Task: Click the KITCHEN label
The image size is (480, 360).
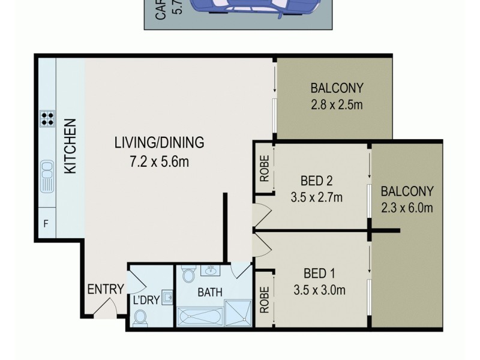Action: (x=71, y=147)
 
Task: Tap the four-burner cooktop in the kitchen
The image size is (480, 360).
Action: (x=47, y=119)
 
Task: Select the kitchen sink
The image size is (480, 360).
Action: (x=47, y=176)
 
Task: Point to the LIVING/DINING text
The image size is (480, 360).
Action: (x=160, y=143)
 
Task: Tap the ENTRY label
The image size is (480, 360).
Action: (x=106, y=289)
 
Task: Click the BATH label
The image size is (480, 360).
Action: (x=210, y=293)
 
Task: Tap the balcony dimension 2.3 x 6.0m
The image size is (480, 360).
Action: (x=407, y=208)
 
